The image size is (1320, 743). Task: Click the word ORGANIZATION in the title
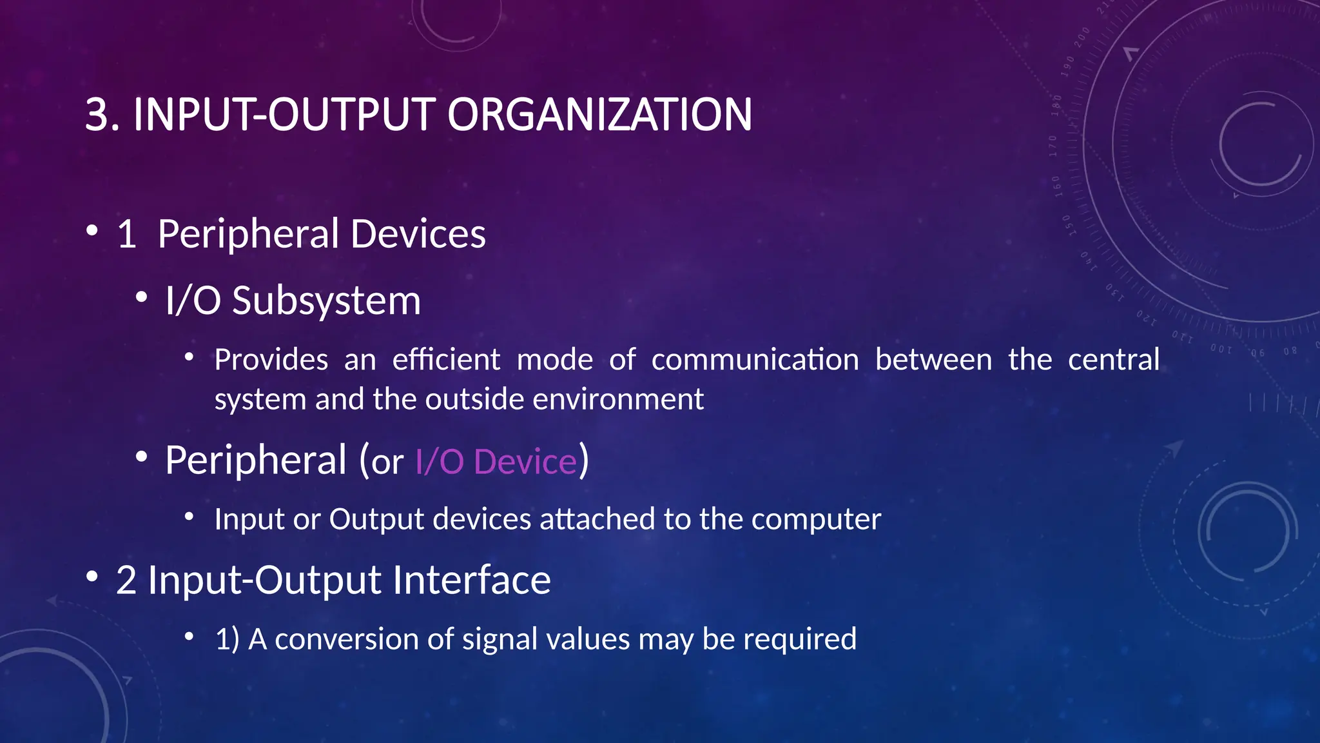pyautogui.click(x=599, y=115)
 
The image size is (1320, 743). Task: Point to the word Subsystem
pyautogui.click(x=326, y=301)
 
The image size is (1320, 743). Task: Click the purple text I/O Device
pyautogui.click(x=496, y=462)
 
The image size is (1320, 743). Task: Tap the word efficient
pyautogui.click(x=446, y=360)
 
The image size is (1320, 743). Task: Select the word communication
pyautogui.click(x=755, y=360)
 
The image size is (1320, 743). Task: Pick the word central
pyautogui.click(x=1113, y=360)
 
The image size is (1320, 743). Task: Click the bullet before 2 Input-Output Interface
pyautogui.click(x=92, y=576)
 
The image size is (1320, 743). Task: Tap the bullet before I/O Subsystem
pyautogui.click(x=141, y=297)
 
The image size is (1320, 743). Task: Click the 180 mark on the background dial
pyautogui.click(x=1056, y=104)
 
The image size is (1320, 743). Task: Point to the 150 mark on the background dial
pyautogui.click(x=1069, y=225)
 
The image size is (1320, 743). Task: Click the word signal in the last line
pyautogui.click(x=500, y=640)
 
